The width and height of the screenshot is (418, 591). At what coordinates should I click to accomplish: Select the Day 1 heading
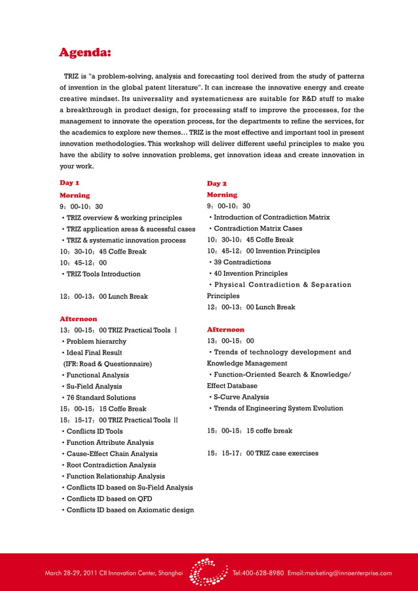(x=70, y=183)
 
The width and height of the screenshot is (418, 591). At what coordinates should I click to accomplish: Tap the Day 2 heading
(x=217, y=183)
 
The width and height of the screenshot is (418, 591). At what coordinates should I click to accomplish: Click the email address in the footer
(x=339, y=573)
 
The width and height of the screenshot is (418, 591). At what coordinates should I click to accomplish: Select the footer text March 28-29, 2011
(x=69, y=573)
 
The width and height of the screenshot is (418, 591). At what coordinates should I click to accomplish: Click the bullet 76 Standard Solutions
(x=100, y=398)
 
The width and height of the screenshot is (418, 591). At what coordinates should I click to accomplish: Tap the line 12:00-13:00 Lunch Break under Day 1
(x=104, y=297)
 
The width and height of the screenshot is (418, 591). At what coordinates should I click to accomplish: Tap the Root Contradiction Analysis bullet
(x=111, y=465)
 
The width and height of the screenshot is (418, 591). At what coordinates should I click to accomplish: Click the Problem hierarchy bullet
(x=96, y=341)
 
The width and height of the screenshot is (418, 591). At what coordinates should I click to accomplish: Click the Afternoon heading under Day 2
(x=225, y=330)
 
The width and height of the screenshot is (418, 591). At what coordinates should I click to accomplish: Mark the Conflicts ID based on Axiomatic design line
(x=130, y=510)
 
